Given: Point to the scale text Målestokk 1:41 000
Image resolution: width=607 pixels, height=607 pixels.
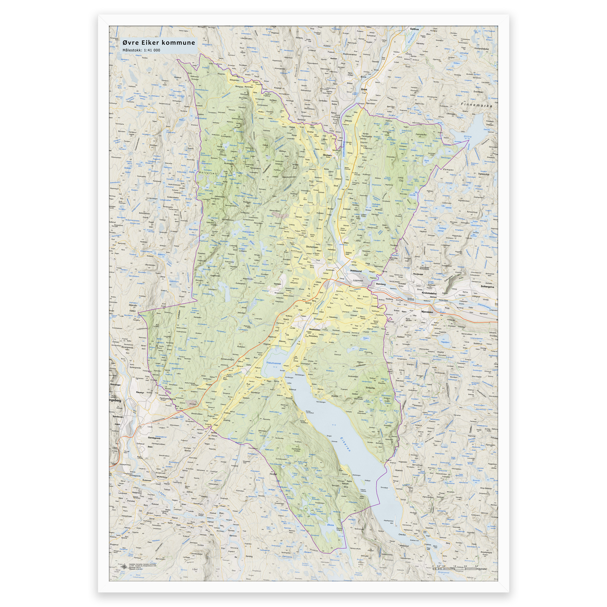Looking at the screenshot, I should pos(141,50).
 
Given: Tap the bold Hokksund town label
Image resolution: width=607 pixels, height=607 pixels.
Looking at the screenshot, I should pos(356,271).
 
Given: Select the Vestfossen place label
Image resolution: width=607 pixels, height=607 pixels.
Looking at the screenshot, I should pos(314,330).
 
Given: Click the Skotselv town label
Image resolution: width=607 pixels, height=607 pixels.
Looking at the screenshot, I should pos(327,155).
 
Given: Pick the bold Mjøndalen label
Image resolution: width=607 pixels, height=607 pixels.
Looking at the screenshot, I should pos(427,312).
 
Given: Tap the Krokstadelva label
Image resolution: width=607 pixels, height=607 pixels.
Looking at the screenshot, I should pos(429,293).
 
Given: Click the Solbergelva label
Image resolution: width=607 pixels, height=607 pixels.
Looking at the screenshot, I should pos(487,287).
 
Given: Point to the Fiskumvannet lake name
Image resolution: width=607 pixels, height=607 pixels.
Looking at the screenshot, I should pos(274,363).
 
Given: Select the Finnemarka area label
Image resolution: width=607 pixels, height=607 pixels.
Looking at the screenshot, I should pos(476,105).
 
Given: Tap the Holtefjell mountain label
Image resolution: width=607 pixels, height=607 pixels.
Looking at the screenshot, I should pos(208,173).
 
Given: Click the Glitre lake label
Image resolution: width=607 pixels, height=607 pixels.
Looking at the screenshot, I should pos(467,137).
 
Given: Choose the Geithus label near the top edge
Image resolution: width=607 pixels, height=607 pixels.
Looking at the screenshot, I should pos(414,29).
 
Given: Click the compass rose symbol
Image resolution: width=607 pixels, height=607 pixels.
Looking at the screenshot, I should pos(125,565).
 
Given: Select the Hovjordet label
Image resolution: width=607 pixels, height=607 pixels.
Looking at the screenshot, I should pos(418,274).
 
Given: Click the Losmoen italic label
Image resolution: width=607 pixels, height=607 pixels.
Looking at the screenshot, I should pos(358,280).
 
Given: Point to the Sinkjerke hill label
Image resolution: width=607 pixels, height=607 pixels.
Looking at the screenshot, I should pos(370,388).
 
